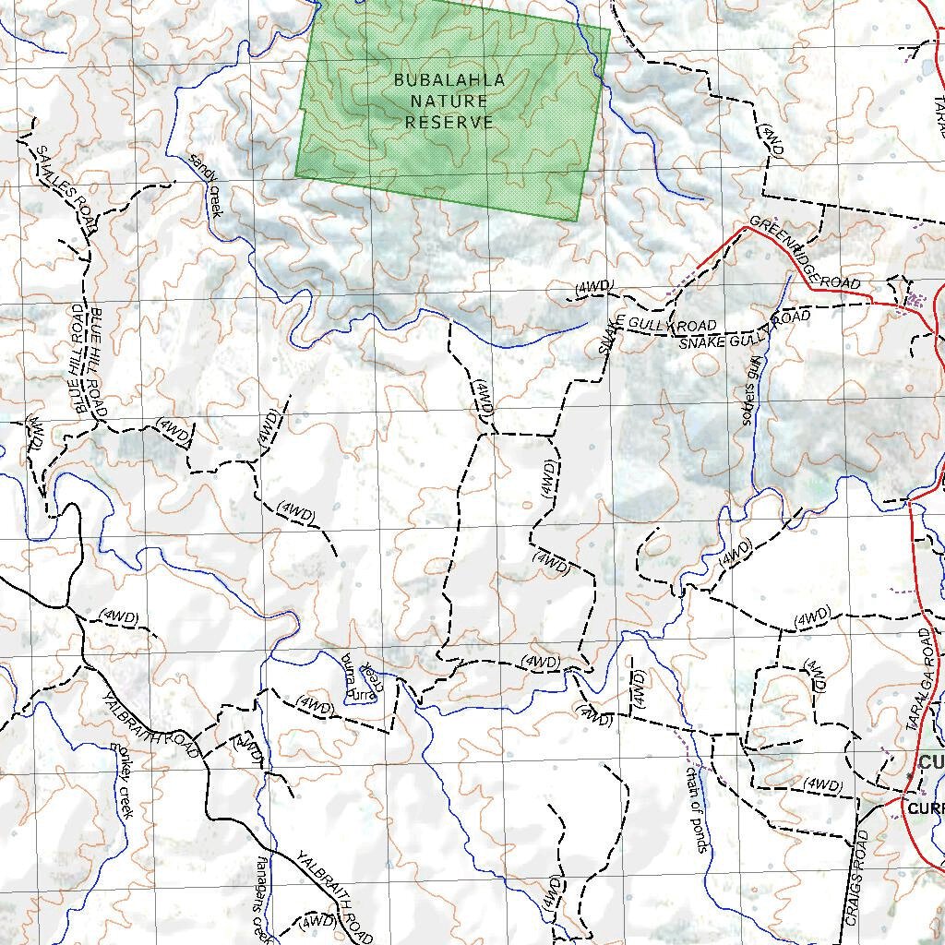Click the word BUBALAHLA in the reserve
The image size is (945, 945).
point(449,80)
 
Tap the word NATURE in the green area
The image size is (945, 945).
point(449,101)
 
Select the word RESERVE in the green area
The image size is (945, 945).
point(449,122)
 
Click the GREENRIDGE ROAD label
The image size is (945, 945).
point(805,252)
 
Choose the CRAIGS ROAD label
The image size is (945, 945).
point(856,877)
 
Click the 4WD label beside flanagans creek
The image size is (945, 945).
point(317,920)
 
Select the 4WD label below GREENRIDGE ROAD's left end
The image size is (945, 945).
point(593,287)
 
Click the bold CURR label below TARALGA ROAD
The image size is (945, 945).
point(926,808)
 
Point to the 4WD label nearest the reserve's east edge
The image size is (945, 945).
point(772,138)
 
